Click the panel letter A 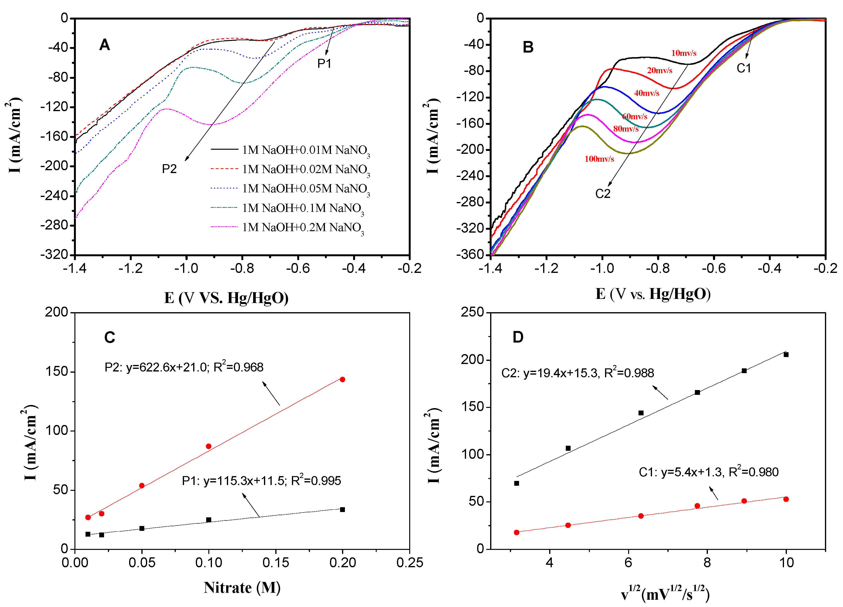[x=105, y=45]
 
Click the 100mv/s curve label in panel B [x=599, y=159]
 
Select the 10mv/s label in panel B [x=684, y=53]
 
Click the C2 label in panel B [x=603, y=194]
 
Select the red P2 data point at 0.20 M [x=342, y=379]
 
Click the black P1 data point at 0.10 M [x=209, y=519]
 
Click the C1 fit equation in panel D [x=708, y=472]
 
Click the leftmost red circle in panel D [x=517, y=532]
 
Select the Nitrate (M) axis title [x=242, y=588]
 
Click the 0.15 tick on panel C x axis [x=276, y=562]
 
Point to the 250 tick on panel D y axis [x=472, y=312]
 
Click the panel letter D [x=518, y=337]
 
